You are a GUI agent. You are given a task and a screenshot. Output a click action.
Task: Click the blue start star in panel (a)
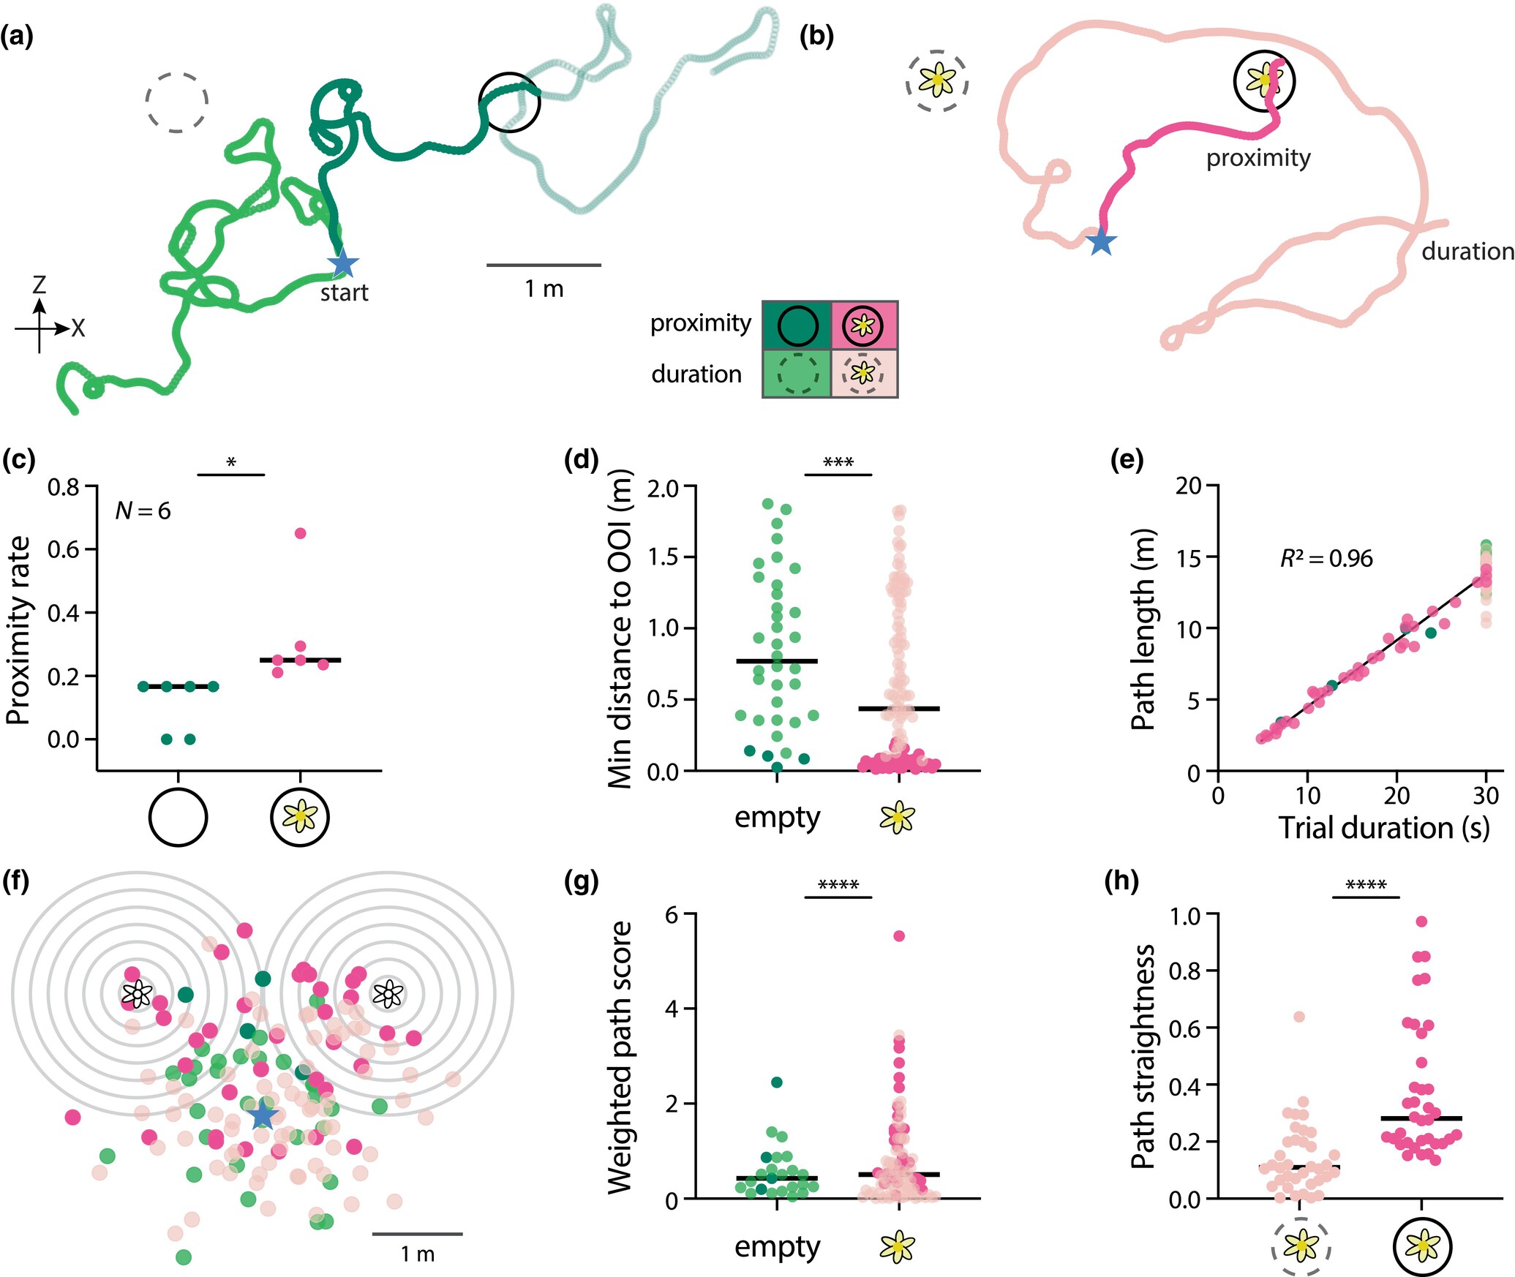(342, 264)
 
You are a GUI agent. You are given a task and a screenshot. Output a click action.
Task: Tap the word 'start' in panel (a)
(344, 293)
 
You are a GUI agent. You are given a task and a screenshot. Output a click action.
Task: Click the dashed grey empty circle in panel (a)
(176, 102)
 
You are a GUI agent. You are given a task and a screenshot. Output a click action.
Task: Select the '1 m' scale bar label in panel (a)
(544, 289)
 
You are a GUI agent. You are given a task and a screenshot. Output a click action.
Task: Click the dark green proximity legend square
(797, 325)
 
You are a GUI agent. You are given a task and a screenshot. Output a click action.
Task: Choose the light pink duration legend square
(864, 373)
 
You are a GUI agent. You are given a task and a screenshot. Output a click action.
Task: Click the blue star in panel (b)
(1101, 241)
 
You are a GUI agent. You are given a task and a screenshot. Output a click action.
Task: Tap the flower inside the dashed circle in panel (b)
(937, 80)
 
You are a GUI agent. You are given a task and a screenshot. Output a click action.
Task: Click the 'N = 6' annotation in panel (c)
(143, 511)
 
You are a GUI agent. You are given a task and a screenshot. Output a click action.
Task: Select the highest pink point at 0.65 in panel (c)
(300, 533)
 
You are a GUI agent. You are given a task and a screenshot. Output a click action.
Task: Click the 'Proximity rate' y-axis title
(18, 630)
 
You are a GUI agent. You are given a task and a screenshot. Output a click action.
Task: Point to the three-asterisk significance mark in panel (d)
(838, 462)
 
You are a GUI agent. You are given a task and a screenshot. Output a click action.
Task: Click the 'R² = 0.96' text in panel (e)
(1326, 559)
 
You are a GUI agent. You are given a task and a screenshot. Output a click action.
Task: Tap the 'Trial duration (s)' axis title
(1383, 828)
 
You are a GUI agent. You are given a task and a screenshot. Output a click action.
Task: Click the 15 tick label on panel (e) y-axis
(1189, 557)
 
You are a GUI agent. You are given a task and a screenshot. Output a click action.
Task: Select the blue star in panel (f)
(262, 1116)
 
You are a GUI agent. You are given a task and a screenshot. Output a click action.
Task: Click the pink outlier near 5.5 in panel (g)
(899, 936)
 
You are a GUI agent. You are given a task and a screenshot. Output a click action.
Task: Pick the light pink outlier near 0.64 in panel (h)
(1299, 1017)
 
